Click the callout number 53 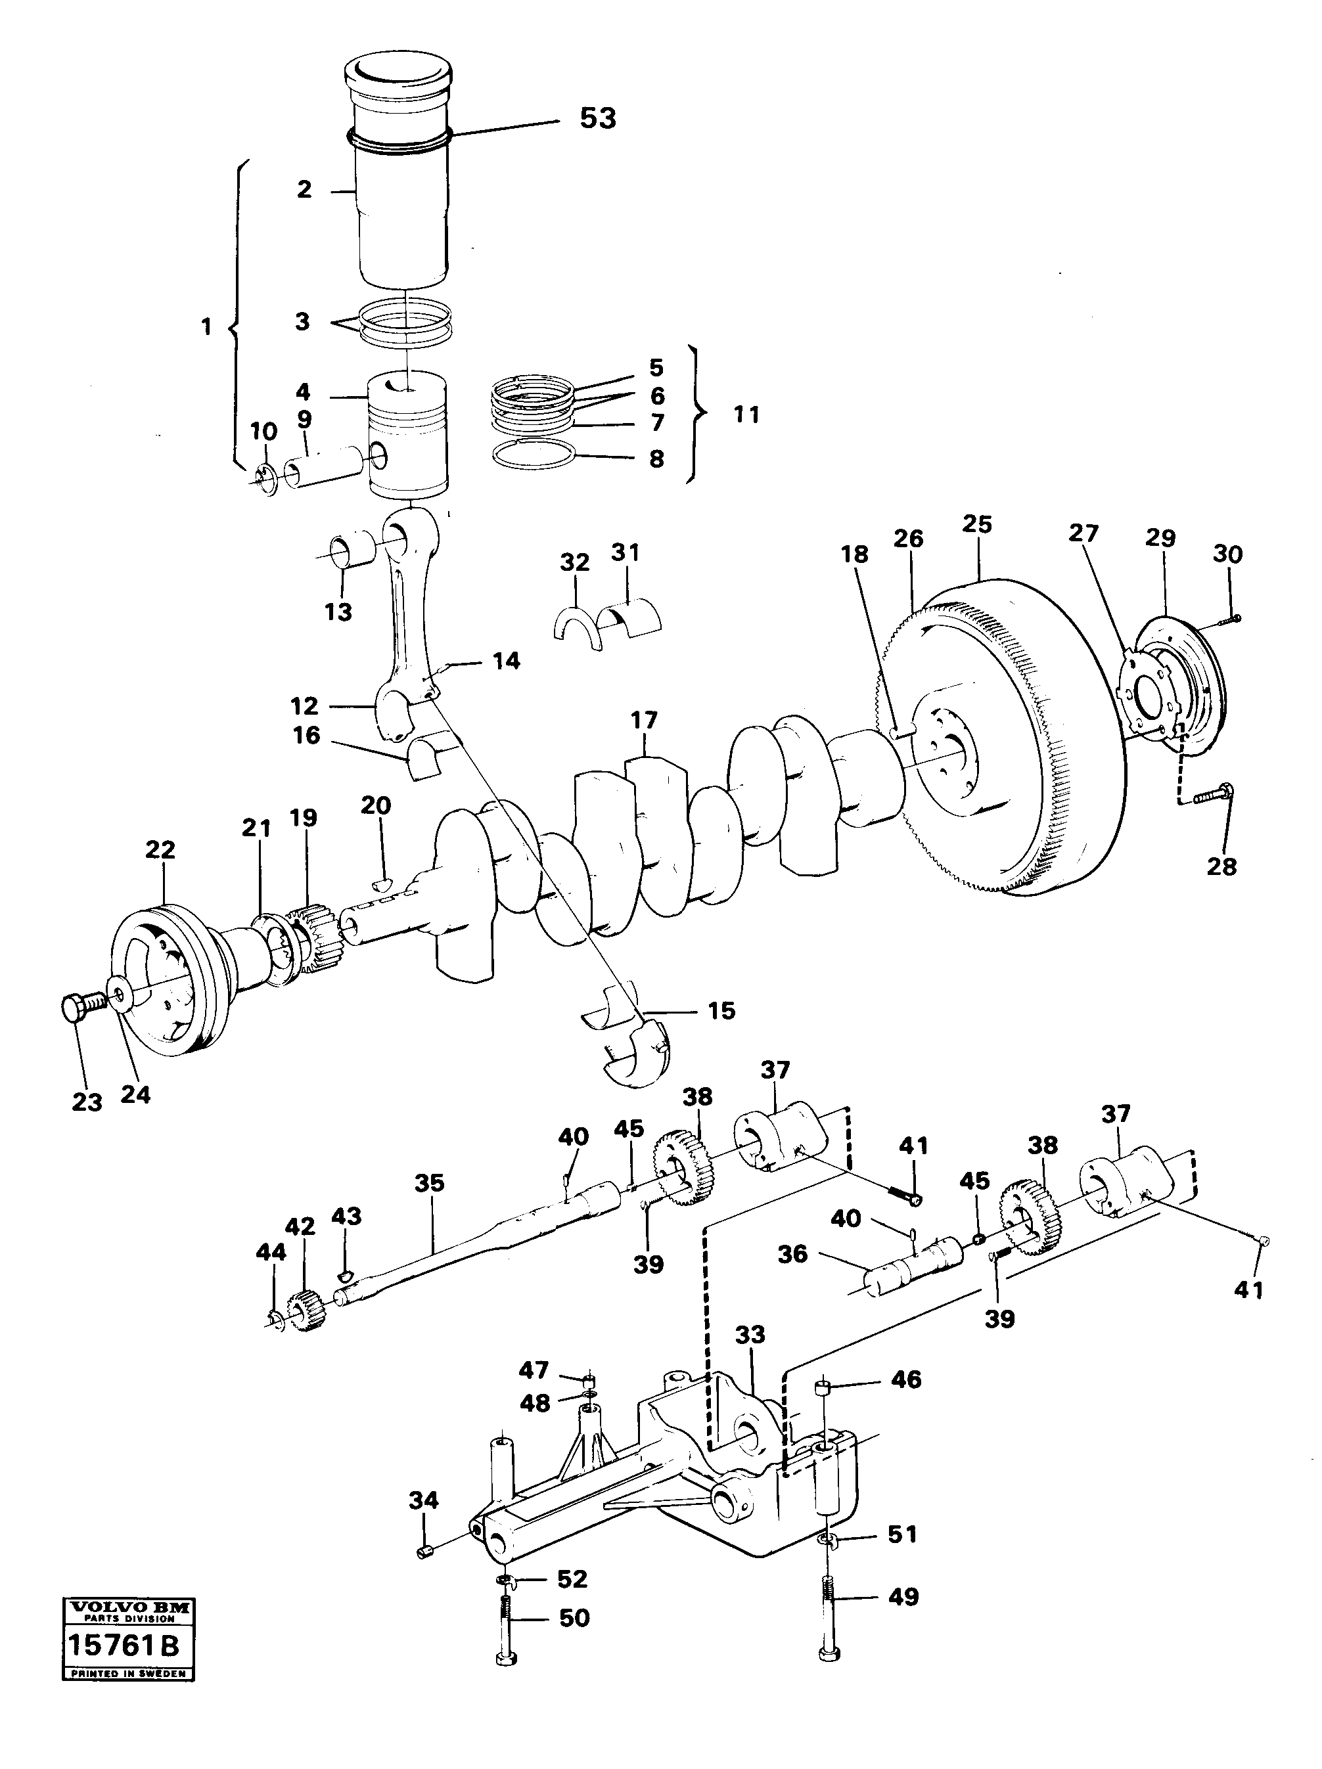click(597, 118)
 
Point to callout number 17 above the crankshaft click(643, 720)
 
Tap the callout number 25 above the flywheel click(976, 525)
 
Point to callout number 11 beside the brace click(745, 415)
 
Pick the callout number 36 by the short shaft click(792, 1253)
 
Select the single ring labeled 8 click(534, 457)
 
